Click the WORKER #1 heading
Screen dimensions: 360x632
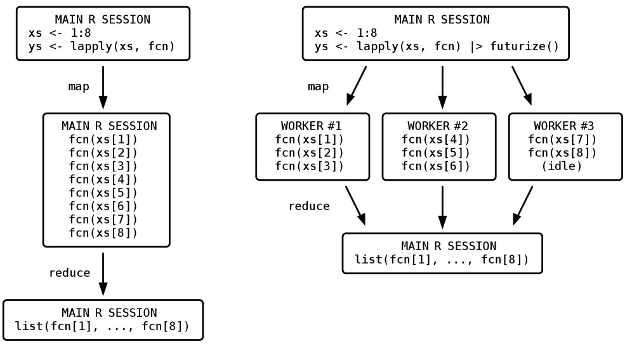(312, 126)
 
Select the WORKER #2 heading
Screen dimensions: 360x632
(438, 126)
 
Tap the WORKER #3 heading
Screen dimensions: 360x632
(564, 126)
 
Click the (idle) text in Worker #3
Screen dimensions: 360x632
(562, 166)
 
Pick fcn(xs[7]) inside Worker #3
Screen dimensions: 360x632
(562, 140)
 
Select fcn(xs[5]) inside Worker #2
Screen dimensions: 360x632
(436, 153)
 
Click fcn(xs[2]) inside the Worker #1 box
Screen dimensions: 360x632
(310, 153)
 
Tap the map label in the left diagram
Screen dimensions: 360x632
(79, 86)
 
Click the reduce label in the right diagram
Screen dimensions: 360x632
(309, 206)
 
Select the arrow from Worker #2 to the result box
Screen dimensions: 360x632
(442, 207)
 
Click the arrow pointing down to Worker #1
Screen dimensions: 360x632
(357, 85)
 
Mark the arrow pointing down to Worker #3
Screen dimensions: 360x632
(522, 85)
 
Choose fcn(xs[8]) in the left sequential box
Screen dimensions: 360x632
(103, 233)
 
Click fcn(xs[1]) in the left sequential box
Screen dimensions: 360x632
(103, 140)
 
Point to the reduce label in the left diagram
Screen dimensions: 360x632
(70, 273)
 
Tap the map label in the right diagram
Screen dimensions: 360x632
(318, 86)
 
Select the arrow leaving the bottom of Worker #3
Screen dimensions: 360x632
(523, 205)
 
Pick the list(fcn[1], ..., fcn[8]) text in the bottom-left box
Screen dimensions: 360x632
(102, 327)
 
